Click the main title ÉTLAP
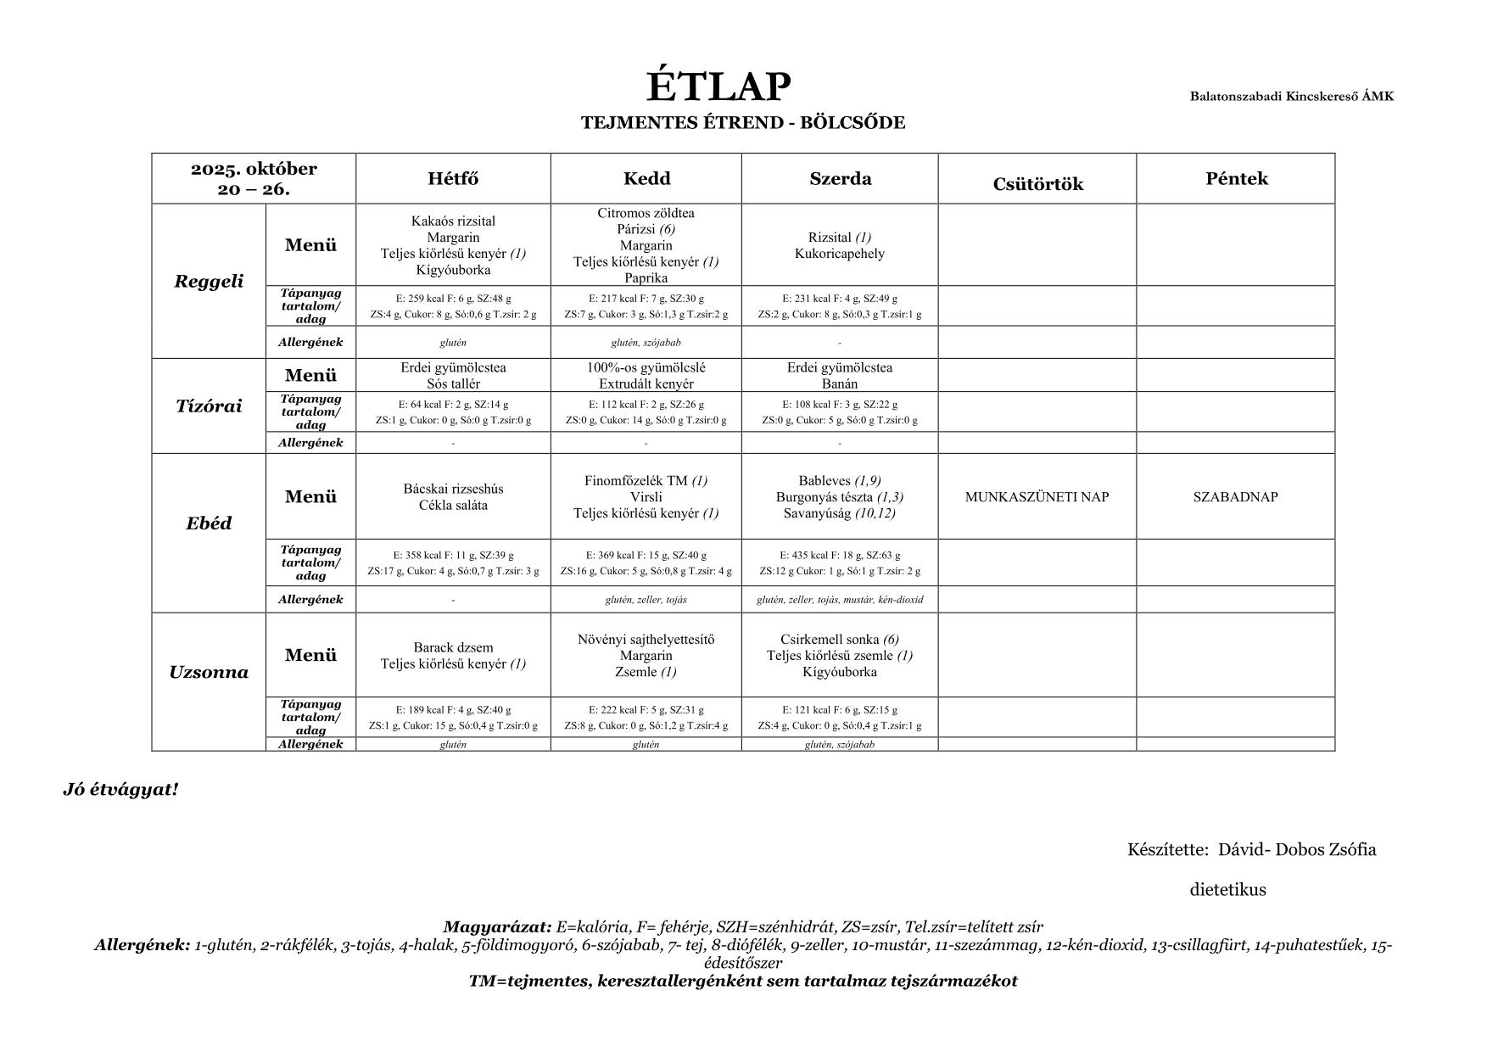pyautogui.click(x=718, y=87)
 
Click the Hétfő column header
pyautogui.click(x=453, y=178)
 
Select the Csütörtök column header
pyautogui.click(x=1037, y=184)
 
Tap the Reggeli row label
pyautogui.click(x=209, y=281)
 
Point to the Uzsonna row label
pyautogui.click(x=209, y=673)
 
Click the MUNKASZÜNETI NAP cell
pyautogui.click(x=1037, y=497)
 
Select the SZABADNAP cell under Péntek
pyautogui.click(x=1235, y=497)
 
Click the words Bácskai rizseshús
pyautogui.click(x=453, y=489)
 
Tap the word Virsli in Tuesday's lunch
pyautogui.click(x=646, y=496)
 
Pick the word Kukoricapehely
pyautogui.click(x=839, y=254)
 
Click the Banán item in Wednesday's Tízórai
pyautogui.click(x=839, y=383)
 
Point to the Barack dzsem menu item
pyautogui.click(x=453, y=647)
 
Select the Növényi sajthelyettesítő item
pyautogui.click(x=646, y=639)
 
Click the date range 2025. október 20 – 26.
pyautogui.click(x=254, y=178)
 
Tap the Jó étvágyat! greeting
pyautogui.click(x=120, y=790)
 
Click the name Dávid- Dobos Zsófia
pyautogui.click(x=1296, y=849)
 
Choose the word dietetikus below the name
pyautogui.click(x=1227, y=890)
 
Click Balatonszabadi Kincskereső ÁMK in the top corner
pyautogui.click(x=1291, y=96)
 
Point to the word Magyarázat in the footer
pyautogui.click(x=497, y=926)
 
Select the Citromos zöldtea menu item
pyautogui.click(x=646, y=213)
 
